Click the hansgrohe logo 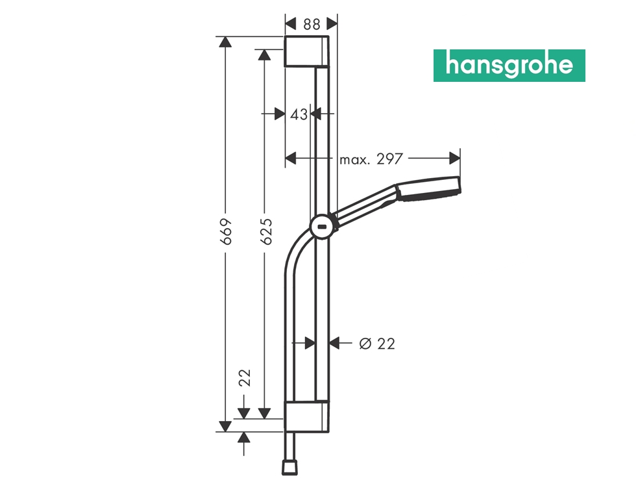point(509,66)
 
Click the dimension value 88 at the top point(312,24)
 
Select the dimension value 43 point(299,114)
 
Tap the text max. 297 point(371,159)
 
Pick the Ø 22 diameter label point(377,344)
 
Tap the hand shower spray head point(429,187)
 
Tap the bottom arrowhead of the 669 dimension point(225,426)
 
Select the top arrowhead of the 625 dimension point(264,55)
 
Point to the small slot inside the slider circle point(322,227)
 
